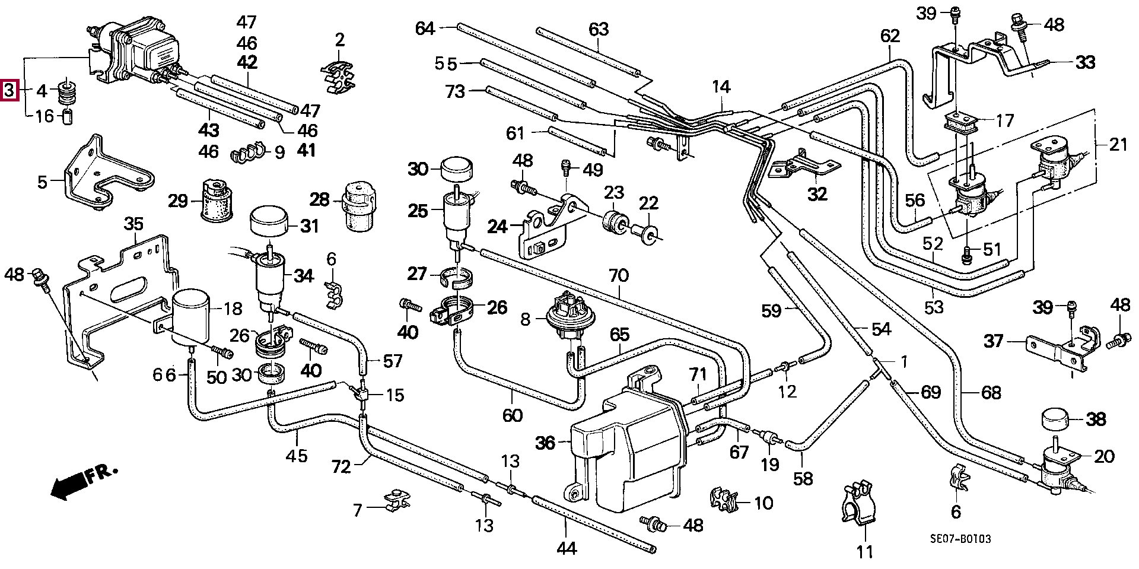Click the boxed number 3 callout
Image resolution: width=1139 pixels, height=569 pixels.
coord(8,91)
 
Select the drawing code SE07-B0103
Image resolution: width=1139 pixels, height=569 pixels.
coord(960,539)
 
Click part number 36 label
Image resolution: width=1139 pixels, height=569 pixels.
coord(545,443)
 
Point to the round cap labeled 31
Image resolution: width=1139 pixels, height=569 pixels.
coord(269,221)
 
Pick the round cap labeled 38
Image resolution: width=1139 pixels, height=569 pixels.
coord(1060,421)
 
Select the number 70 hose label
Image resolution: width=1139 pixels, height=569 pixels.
coord(619,276)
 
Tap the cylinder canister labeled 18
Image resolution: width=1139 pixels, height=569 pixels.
coord(191,316)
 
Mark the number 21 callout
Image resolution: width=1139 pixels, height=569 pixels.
coord(1118,144)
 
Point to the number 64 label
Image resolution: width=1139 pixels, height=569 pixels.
coord(425,28)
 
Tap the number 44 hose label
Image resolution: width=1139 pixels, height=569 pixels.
coord(566,548)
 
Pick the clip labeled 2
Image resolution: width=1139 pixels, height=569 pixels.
coord(338,77)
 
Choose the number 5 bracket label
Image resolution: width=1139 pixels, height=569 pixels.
coord(42,182)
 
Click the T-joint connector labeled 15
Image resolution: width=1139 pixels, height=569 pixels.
coord(363,394)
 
